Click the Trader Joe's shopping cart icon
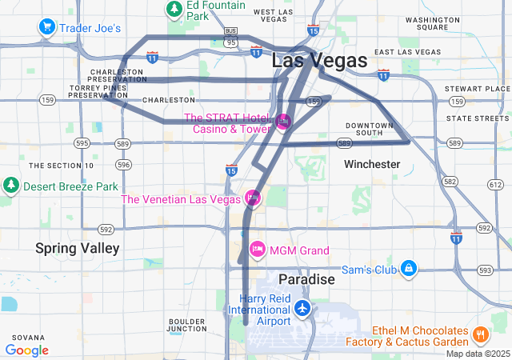47,28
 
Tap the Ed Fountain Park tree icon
174,10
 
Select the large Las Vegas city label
319,60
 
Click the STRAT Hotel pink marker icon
283,122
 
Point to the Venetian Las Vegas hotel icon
253,198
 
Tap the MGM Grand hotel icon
258,250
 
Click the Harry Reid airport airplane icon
302,308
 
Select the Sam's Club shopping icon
409,268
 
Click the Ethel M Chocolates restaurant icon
481,334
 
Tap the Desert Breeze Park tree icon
11,186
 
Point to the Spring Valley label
77,249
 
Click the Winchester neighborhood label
372,164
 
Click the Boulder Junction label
188,325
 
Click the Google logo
26,350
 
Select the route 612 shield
495,185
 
